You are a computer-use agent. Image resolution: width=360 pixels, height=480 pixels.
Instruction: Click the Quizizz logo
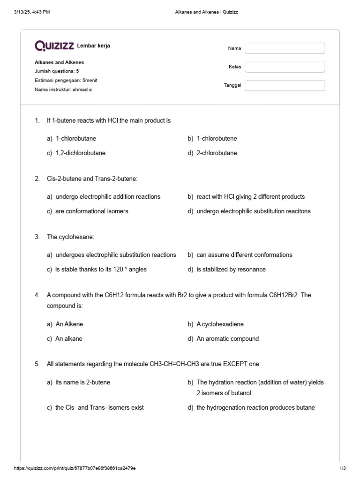(54, 45)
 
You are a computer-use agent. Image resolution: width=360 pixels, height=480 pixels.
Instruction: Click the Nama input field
(285, 48)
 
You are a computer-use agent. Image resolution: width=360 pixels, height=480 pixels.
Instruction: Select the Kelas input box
(285, 67)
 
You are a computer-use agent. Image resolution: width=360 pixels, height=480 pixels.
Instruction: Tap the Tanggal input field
(285, 85)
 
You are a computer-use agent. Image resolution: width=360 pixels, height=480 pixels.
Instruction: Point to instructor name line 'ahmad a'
(63, 89)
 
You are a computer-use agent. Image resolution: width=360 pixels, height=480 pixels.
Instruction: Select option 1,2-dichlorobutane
(80, 153)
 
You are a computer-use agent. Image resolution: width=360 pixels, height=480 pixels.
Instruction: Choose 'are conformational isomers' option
(91, 211)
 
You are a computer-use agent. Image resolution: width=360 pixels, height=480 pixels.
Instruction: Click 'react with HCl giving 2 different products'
(250, 196)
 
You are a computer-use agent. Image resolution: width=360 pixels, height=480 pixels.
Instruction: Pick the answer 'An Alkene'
(69, 324)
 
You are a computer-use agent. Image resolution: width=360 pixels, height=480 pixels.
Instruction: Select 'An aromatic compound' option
(227, 338)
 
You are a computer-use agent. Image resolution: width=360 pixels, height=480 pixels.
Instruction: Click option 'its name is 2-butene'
(82, 382)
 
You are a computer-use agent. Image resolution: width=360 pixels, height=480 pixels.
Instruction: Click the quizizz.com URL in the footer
(75, 468)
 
